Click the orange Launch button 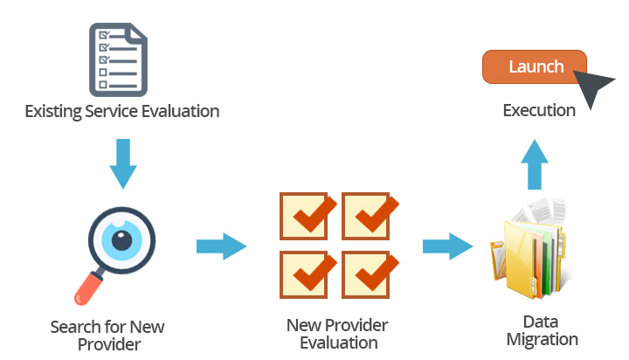coord(534,67)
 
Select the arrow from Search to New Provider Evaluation coord(220,246)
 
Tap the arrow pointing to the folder coord(447,245)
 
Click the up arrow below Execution coord(536,164)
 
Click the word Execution coord(539,111)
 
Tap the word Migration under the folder coord(541,339)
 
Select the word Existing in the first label coord(53,112)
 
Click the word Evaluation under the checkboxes coord(339,343)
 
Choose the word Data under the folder coord(541,322)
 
